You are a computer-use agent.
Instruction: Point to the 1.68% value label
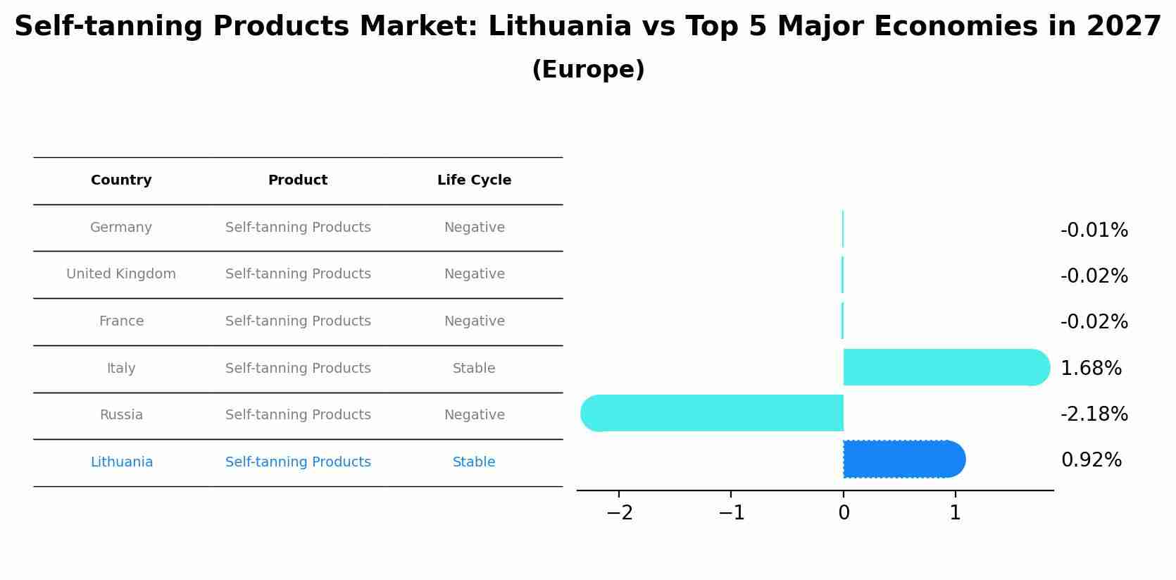click(x=1091, y=369)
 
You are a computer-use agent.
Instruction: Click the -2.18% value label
click(x=1094, y=414)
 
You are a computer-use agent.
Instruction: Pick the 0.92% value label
click(x=1091, y=460)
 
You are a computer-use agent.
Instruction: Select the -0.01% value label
click(x=1094, y=230)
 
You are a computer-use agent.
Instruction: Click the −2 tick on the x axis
click(x=619, y=513)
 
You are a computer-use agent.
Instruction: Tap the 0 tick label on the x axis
click(x=844, y=513)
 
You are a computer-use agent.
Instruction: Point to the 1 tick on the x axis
click(x=955, y=513)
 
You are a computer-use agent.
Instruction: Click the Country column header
click(x=121, y=180)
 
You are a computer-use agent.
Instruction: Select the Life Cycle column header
click(x=474, y=180)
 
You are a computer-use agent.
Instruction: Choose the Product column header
click(x=297, y=180)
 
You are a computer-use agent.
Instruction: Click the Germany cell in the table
click(x=121, y=228)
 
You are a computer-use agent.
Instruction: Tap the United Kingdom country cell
click(x=121, y=274)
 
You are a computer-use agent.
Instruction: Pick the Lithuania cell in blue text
click(x=122, y=462)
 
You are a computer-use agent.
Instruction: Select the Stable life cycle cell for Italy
click(x=474, y=369)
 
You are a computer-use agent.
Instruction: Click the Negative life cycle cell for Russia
click(x=474, y=415)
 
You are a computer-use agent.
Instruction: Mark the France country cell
click(x=121, y=321)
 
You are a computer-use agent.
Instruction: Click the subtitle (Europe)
click(x=588, y=70)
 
